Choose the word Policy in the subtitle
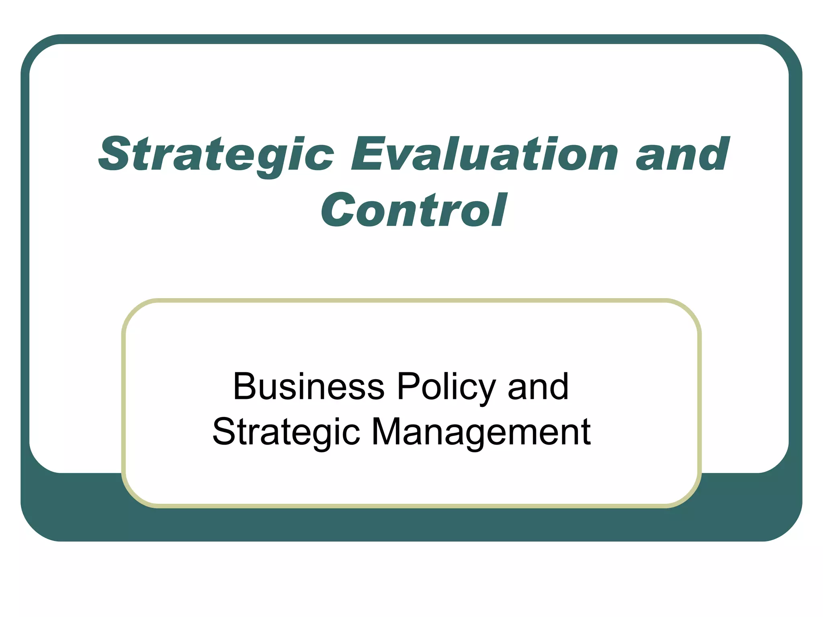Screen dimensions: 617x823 click(446, 388)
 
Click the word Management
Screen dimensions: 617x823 click(481, 433)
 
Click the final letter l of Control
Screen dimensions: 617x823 click(500, 210)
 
